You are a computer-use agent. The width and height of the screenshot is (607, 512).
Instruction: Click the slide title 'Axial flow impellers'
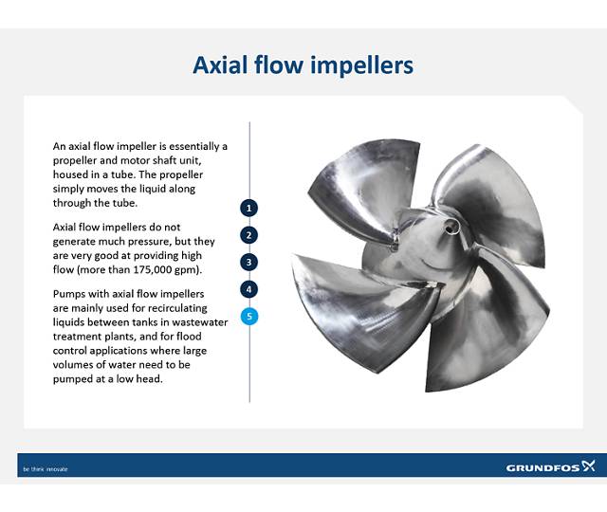pyautogui.click(x=303, y=65)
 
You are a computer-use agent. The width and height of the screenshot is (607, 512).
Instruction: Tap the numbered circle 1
pyautogui.click(x=249, y=207)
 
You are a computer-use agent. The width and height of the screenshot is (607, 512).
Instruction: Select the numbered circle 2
pyautogui.click(x=249, y=234)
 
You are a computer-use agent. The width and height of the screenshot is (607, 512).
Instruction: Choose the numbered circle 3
pyautogui.click(x=249, y=262)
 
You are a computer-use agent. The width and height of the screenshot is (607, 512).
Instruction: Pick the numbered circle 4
pyautogui.click(x=249, y=289)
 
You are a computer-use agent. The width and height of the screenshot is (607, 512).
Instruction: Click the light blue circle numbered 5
pyautogui.click(x=249, y=317)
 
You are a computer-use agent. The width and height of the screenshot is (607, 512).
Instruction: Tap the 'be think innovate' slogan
pyautogui.click(x=46, y=468)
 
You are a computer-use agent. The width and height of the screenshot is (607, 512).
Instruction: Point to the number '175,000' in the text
pyautogui.click(x=154, y=269)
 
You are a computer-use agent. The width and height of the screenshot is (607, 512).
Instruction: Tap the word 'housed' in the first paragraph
pyautogui.click(x=70, y=174)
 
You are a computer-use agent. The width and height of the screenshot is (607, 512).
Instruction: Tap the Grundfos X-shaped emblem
pyautogui.click(x=588, y=466)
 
